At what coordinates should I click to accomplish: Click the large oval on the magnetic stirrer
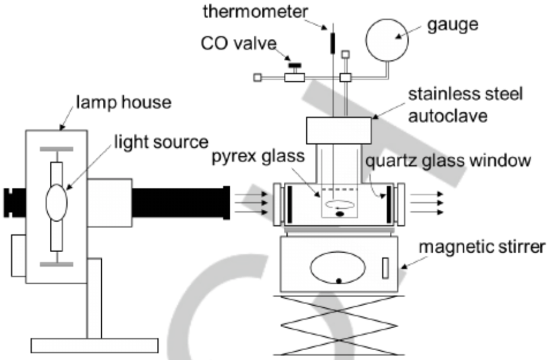click(338, 268)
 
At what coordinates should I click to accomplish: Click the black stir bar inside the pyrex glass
click(339, 214)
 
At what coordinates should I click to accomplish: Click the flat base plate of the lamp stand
click(94, 346)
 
